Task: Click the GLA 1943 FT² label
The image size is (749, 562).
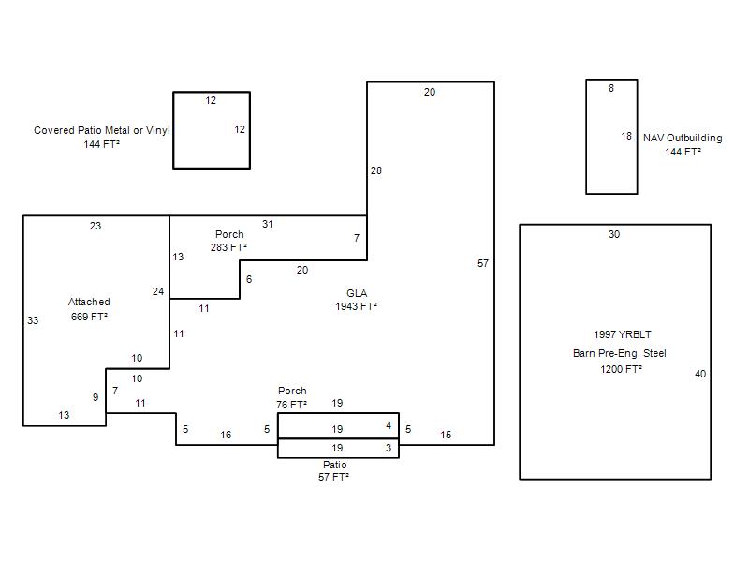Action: [357, 300]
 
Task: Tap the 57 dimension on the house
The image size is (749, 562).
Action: [483, 263]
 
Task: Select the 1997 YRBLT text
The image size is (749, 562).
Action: [623, 334]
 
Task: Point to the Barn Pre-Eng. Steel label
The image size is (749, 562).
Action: [620, 353]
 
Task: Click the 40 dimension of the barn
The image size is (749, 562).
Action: [700, 374]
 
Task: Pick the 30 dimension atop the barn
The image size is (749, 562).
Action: [614, 234]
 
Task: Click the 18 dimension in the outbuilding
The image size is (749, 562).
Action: [626, 136]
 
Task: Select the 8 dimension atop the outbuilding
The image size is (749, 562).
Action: [611, 88]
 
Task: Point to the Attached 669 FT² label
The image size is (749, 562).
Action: [89, 309]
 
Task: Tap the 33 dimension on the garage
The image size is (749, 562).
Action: [33, 320]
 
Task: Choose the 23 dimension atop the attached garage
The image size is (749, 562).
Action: [95, 226]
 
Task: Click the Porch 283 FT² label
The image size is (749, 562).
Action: [229, 241]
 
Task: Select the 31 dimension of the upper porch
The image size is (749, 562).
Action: [267, 224]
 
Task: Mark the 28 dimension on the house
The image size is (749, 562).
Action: [376, 170]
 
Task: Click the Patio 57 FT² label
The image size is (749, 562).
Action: [334, 471]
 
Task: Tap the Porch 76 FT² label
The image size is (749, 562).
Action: [292, 397]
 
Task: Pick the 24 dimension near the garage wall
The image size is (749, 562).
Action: [158, 291]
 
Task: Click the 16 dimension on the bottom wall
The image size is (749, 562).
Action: [226, 435]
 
